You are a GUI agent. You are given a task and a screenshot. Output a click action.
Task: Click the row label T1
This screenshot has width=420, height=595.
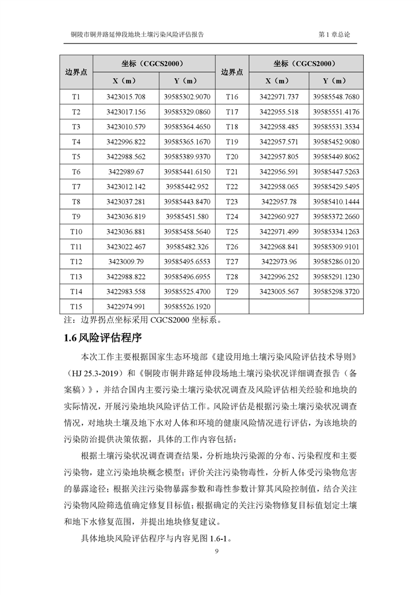pyautogui.click(x=76, y=97)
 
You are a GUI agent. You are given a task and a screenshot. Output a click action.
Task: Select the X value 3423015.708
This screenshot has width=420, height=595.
pyautogui.click(x=126, y=97)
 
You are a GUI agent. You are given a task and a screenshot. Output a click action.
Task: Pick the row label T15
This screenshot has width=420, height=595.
pyautogui.click(x=76, y=307)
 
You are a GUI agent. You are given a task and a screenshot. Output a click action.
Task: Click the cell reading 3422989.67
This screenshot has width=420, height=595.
pyautogui.click(x=126, y=172)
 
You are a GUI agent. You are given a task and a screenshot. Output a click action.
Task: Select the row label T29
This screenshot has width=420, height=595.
pyautogui.click(x=232, y=292)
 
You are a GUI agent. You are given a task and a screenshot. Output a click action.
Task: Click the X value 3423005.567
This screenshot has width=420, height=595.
pyautogui.click(x=279, y=292)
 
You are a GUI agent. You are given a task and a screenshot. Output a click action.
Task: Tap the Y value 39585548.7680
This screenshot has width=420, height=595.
pyautogui.click(x=336, y=97)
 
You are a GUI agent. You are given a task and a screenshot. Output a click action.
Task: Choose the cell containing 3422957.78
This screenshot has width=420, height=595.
pyautogui.click(x=279, y=202)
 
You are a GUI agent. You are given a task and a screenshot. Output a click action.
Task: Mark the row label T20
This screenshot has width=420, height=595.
pyautogui.click(x=232, y=157)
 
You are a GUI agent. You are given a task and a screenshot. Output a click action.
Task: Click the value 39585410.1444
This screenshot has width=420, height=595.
pyautogui.click(x=336, y=202)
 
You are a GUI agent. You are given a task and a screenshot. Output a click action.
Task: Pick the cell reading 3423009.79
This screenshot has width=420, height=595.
pyautogui.click(x=126, y=262)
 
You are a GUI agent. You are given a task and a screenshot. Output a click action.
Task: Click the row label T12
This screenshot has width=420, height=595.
pyautogui.click(x=76, y=262)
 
